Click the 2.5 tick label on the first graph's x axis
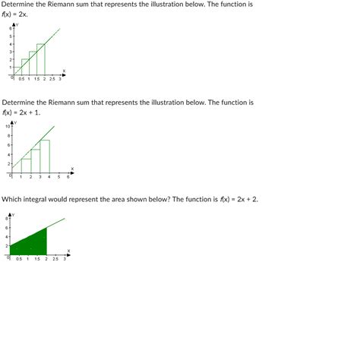(x=52, y=78)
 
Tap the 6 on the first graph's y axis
(x=10, y=29)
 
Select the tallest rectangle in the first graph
(x=40, y=59)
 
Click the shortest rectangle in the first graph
(x=17, y=71)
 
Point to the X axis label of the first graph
(x=64, y=71)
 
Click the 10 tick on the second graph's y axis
(x=8, y=126)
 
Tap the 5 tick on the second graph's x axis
(x=58, y=176)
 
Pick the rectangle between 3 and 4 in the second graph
(x=45, y=156)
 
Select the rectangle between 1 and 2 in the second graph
(x=26, y=165)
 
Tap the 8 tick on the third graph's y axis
(x=8, y=218)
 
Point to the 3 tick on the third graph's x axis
(x=65, y=259)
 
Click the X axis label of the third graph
(x=68, y=251)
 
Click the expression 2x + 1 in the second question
(x=28, y=112)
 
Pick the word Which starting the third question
(x=12, y=199)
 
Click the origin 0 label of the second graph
(x=9, y=176)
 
